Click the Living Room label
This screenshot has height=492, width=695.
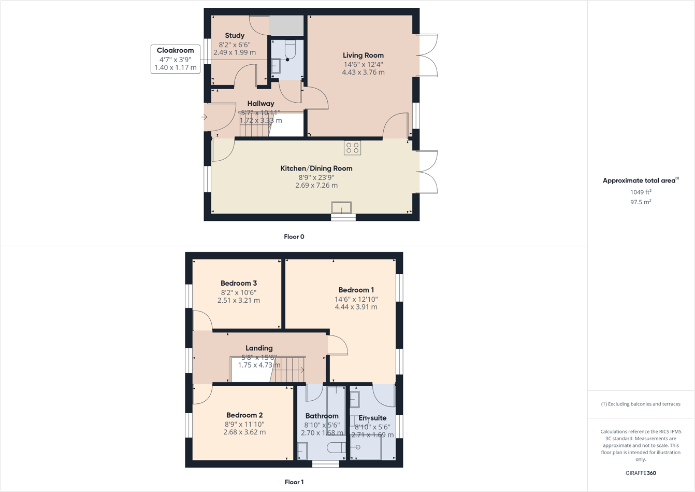click(x=363, y=55)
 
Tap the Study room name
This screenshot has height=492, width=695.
click(x=235, y=36)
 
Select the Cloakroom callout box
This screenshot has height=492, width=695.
click(x=176, y=59)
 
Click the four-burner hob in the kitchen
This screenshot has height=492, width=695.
click(x=352, y=148)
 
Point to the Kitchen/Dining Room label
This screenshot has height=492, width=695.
click(x=316, y=168)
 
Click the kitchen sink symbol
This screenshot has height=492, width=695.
click(x=341, y=207)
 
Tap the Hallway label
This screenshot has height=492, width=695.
click(x=260, y=104)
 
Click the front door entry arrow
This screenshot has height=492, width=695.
click(x=204, y=117)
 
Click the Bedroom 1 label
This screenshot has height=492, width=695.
click(x=356, y=290)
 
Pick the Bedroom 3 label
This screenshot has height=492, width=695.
click(x=238, y=284)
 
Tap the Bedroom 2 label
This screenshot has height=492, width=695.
click(x=244, y=415)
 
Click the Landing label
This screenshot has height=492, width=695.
click(x=259, y=348)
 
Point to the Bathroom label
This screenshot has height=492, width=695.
click(x=322, y=416)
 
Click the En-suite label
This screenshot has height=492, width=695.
click(x=372, y=418)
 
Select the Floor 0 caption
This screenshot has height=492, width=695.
click(x=294, y=237)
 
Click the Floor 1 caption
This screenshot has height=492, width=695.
click(x=294, y=482)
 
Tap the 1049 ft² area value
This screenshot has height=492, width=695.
click(x=641, y=192)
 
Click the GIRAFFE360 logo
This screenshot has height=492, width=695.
click(x=641, y=473)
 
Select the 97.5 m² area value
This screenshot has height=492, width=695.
click(x=641, y=202)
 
